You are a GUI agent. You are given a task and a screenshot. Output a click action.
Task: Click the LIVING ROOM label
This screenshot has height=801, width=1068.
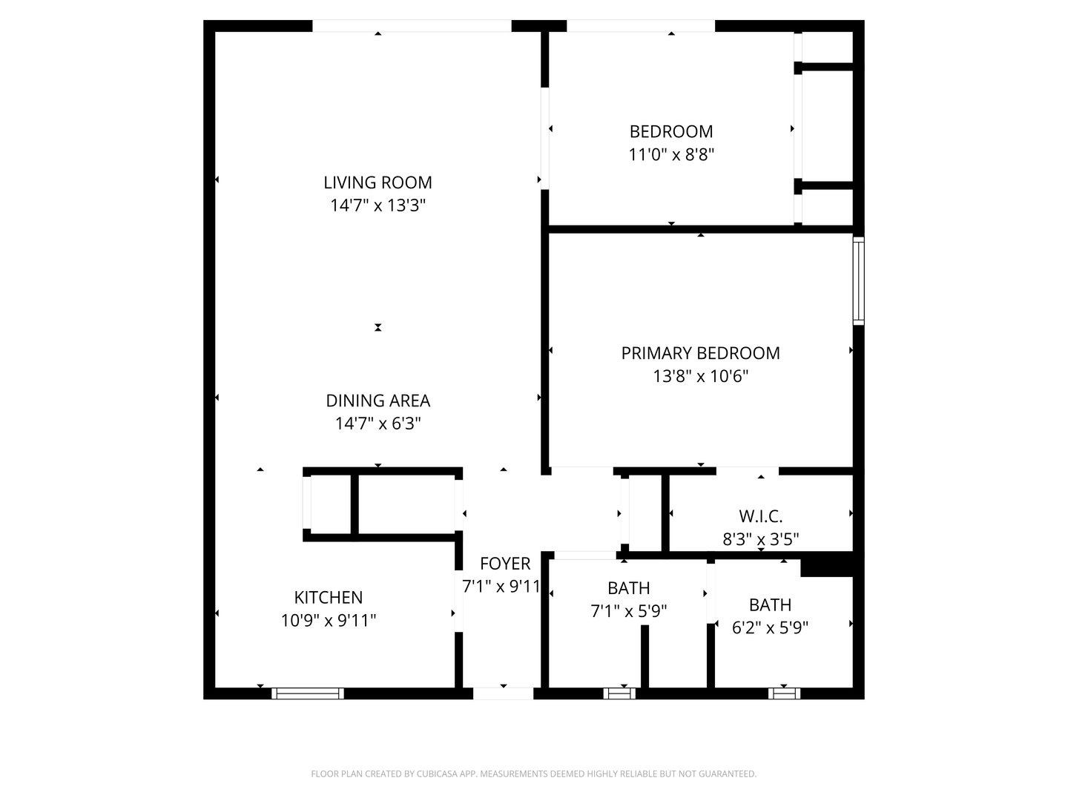378,182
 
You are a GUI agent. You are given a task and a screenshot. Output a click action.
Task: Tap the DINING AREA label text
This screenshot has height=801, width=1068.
378,400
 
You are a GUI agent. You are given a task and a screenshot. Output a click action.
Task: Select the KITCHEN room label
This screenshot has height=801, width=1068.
329,597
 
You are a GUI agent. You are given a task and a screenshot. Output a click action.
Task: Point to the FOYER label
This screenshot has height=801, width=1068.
505,564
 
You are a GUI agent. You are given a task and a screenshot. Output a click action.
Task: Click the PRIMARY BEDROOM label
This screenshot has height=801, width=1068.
700,353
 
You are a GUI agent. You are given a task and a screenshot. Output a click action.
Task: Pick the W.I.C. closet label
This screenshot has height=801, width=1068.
760,516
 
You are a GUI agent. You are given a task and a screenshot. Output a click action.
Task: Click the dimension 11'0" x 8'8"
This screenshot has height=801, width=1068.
671,154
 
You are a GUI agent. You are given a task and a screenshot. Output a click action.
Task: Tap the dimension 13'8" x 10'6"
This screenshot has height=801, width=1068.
700,376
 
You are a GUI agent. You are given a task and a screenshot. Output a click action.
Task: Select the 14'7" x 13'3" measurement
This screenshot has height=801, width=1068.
378,205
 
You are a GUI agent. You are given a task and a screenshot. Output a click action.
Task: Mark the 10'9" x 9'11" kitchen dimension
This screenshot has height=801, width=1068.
329,620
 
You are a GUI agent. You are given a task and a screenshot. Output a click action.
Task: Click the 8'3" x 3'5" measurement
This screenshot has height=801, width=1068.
760,539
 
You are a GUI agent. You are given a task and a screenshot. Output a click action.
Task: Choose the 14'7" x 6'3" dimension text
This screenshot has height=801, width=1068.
378,423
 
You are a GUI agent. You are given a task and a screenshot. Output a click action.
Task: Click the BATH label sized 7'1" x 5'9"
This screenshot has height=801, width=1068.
628,588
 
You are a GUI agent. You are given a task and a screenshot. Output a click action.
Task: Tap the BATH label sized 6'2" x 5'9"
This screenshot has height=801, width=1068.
770,604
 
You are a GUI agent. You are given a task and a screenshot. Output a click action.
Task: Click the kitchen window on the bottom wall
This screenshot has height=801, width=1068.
308,693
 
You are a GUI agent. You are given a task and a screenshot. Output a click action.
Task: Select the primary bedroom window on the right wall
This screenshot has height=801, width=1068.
858,280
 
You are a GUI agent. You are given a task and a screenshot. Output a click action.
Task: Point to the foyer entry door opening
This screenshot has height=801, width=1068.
503,693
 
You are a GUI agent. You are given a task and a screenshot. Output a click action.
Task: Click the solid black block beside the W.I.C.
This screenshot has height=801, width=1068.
827,565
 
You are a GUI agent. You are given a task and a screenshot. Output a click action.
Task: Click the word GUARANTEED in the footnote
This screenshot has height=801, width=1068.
724,774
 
